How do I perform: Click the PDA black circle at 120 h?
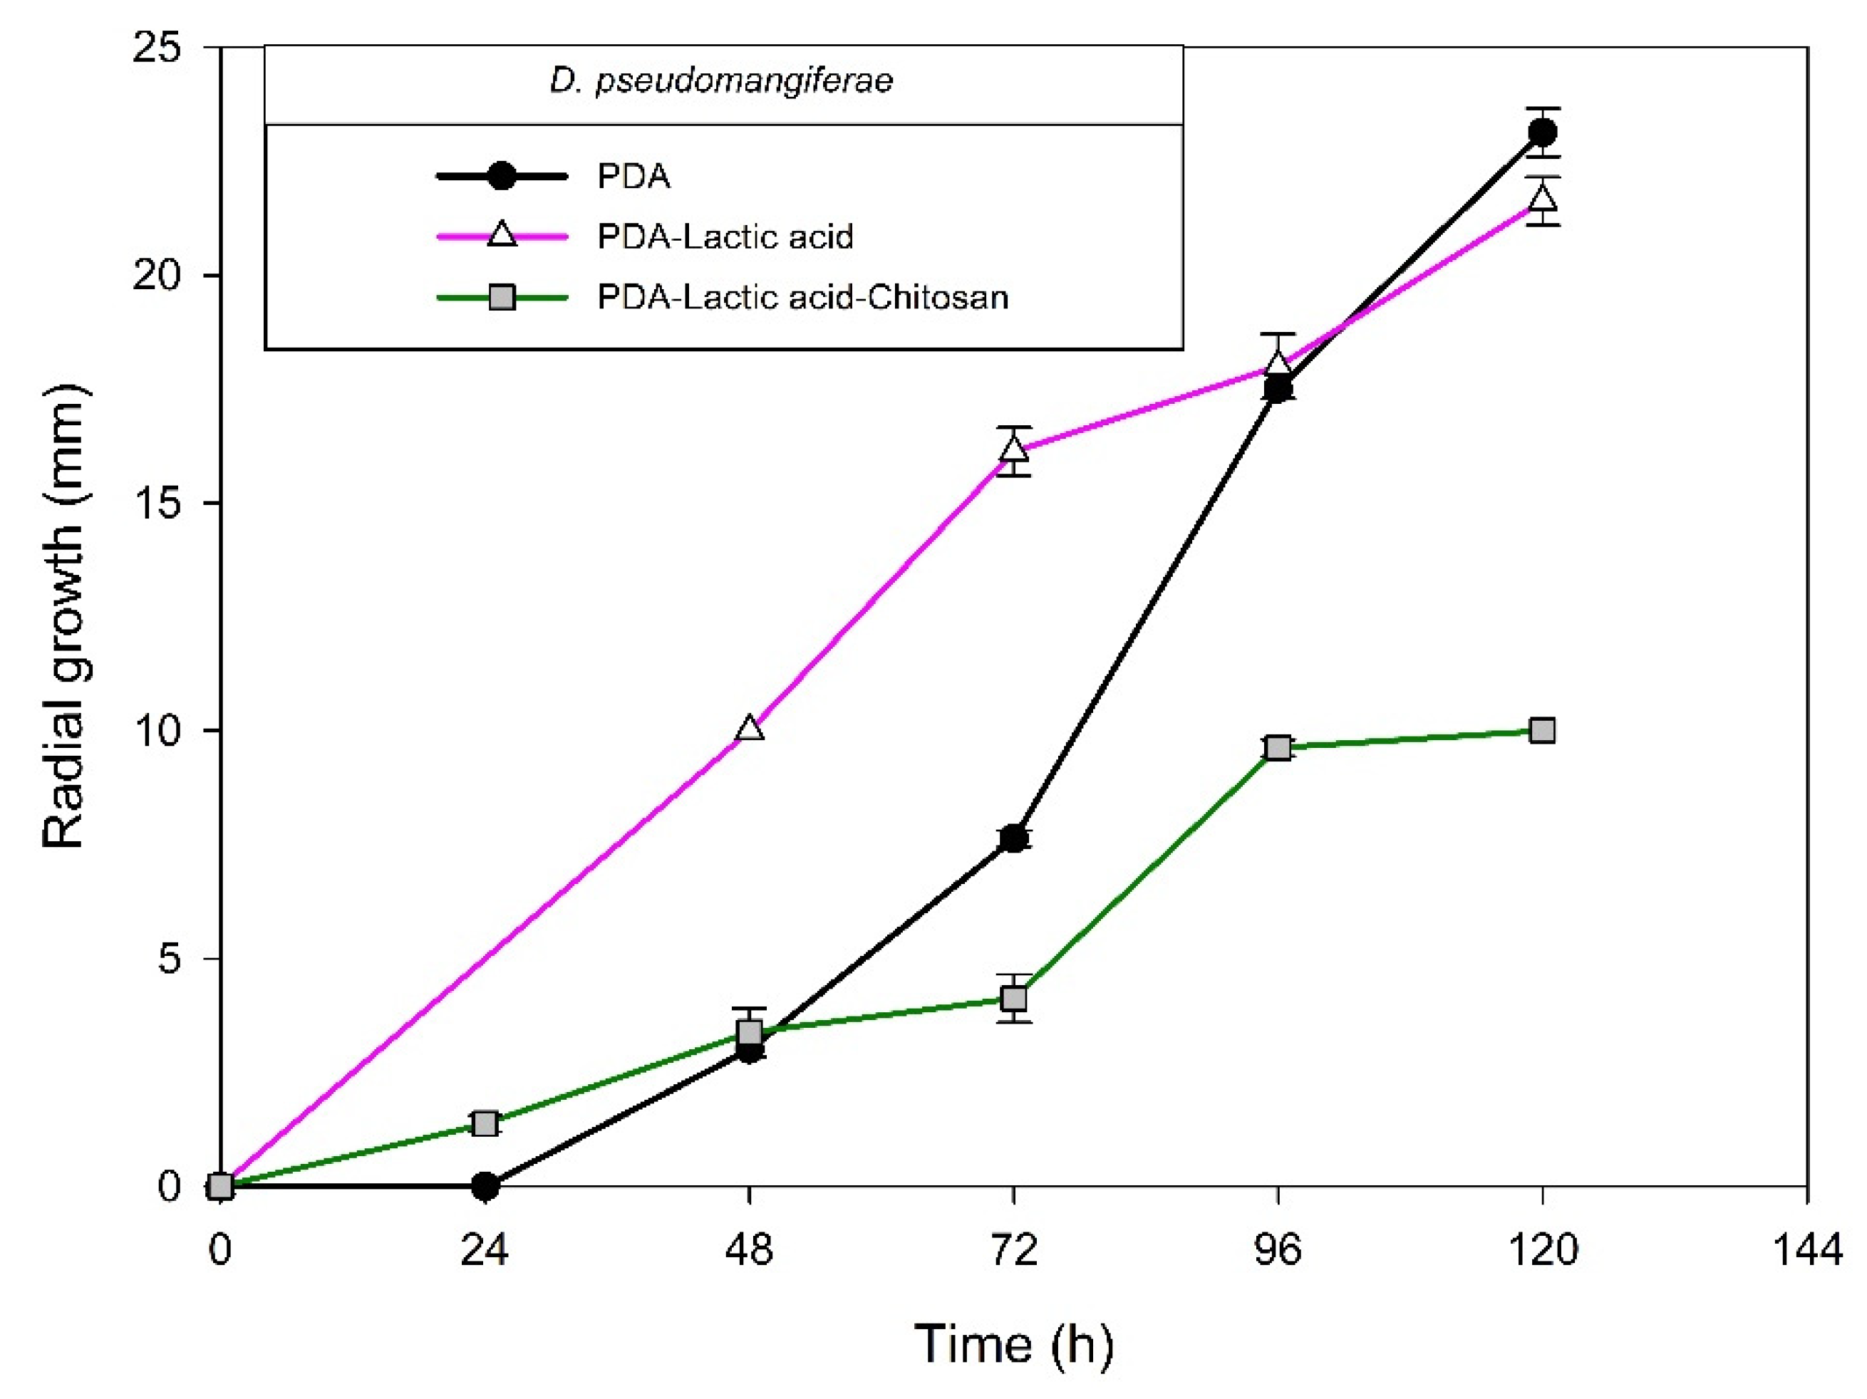click(x=1542, y=132)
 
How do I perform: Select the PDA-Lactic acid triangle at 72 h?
click(x=1014, y=449)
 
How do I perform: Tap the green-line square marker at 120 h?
click(x=1542, y=730)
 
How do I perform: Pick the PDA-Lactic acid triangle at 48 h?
click(x=750, y=728)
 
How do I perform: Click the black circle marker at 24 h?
click(x=485, y=1186)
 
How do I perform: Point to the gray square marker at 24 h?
click(x=485, y=1123)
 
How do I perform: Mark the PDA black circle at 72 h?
click(x=1014, y=838)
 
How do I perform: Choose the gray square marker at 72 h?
click(x=1014, y=998)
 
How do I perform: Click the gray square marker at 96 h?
click(x=1278, y=748)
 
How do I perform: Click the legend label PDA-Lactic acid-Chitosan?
click(x=802, y=297)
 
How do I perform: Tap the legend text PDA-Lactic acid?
click(x=725, y=236)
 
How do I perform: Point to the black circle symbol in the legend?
click(x=502, y=177)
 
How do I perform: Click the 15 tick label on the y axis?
click(x=157, y=503)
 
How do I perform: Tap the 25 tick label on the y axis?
click(x=157, y=48)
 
